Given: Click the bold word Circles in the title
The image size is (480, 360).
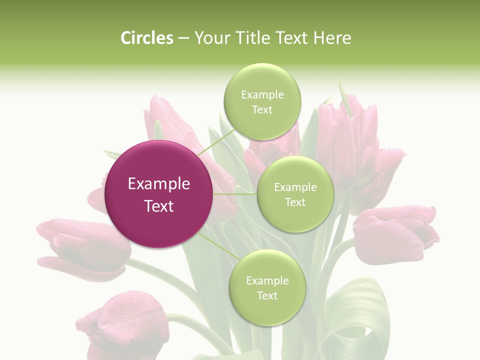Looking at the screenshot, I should pos(146,38).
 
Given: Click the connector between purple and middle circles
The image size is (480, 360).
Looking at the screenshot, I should pos(235,194).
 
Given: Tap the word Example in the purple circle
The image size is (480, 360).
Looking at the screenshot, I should pos(159,184).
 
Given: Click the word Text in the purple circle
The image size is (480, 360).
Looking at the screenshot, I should pos(159,206).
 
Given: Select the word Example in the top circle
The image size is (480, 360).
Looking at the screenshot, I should pos(262,95).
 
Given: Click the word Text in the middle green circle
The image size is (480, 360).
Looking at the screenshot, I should pos(295,202).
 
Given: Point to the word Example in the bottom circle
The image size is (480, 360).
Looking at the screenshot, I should pos(267,281).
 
